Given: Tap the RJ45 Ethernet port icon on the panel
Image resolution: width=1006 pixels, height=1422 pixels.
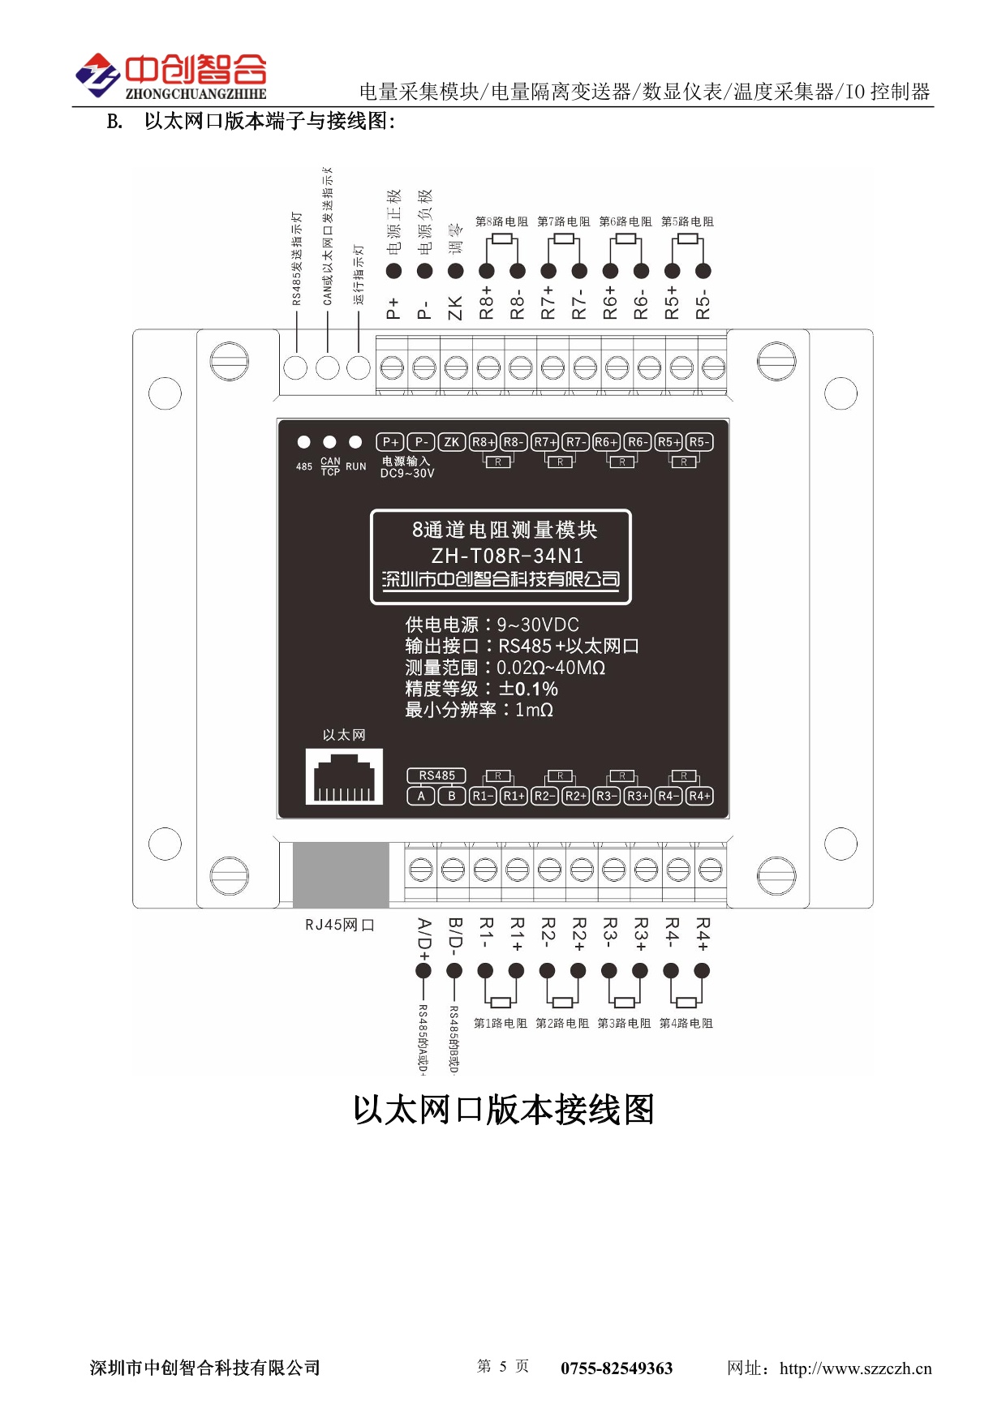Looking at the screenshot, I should coord(344,776).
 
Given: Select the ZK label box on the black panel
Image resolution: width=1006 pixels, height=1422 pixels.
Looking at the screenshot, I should coord(451,442).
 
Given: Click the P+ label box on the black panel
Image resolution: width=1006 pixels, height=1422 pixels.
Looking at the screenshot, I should coord(390,442).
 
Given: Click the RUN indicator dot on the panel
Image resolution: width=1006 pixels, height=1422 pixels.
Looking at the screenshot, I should coord(355,442).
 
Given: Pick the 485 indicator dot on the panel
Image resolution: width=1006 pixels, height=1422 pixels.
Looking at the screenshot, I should coord(303,442).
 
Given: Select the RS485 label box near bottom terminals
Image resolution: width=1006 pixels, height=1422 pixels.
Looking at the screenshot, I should coord(436,775).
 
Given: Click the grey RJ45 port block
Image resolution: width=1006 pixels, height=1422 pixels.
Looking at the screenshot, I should coord(340,874).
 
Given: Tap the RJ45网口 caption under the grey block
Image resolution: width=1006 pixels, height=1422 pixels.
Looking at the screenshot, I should coord(340,925).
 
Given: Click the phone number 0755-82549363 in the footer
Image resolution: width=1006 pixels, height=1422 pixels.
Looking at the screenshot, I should coord(617,1368).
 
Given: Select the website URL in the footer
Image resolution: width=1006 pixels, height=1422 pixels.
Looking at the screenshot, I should coord(855,1368).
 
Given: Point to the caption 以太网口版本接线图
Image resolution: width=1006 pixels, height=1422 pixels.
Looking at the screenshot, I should coord(503,1110).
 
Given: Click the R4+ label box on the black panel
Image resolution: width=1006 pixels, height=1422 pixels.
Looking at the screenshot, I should coord(699,796).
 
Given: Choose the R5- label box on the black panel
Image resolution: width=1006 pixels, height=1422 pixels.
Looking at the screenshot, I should coord(699,442).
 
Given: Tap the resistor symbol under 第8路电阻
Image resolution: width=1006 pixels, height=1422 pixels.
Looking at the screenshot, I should coord(502,238).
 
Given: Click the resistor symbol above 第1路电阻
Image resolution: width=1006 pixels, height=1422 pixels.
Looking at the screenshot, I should coord(501,1003).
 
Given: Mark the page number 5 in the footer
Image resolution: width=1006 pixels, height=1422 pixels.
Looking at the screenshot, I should coord(503,1367).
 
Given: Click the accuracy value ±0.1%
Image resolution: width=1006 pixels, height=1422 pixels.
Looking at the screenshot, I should coord(528,689).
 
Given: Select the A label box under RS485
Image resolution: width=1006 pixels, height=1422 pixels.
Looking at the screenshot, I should coord(421,796).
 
